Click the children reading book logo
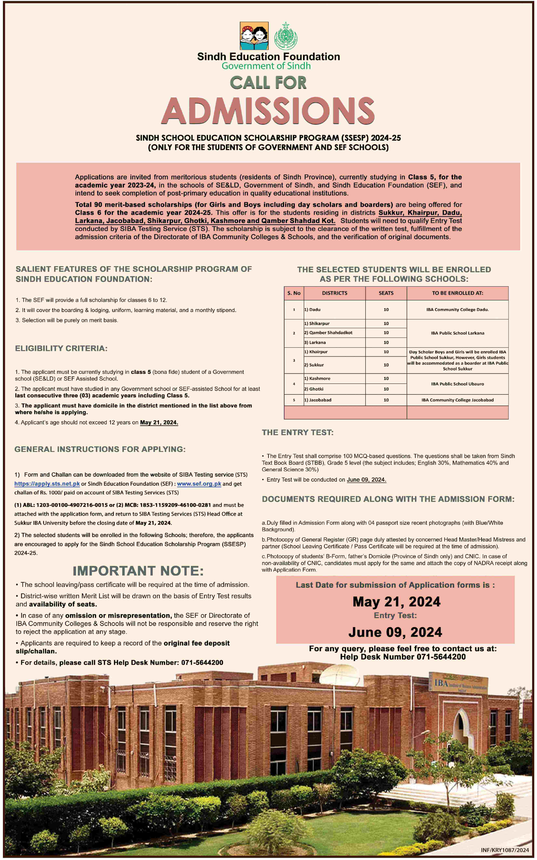[254, 36]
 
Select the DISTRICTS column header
[335, 293]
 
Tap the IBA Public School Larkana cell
[457, 333]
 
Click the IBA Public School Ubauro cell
[457, 384]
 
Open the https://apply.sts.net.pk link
[47, 484]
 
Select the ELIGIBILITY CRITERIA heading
[61, 348]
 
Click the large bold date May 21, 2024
[396, 602]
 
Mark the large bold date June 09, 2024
[395, 632]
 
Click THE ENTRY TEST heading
[298, 433]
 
